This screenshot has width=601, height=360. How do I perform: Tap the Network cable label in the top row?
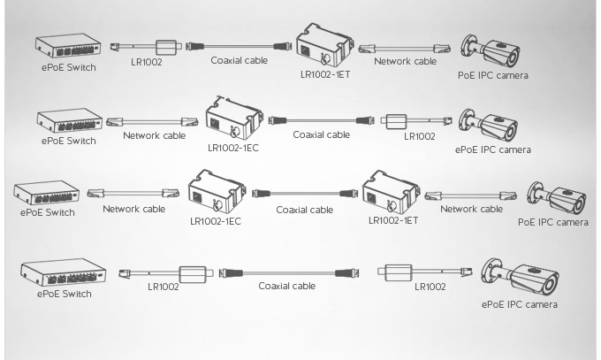(405, 62)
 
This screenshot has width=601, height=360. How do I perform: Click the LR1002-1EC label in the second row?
(233, 147)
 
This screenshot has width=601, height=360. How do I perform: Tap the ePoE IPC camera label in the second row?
(493, 149)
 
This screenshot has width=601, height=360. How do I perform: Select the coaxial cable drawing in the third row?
(306, 192)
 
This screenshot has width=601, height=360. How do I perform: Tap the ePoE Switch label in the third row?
(47, 212)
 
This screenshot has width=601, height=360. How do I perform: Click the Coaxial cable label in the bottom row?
(286, 287)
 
